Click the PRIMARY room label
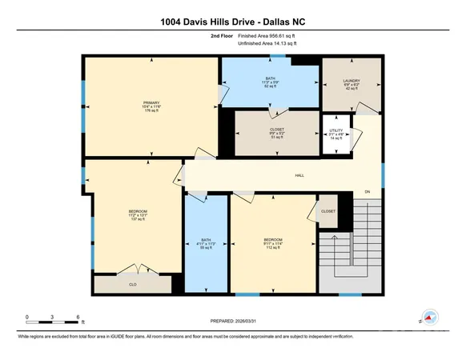click(x=152, y=102)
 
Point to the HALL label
click(x=299, y=175)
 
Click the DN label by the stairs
click(x=368, y=193)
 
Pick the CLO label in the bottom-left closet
click(x=133, y=283)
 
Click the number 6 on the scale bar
click(x=77, y=318)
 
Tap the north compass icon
click(x=431, y=318)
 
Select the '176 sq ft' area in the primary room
click(x=152, y=111)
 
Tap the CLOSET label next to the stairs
click(x=328, y=211)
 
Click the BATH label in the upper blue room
click(x=270, y=78)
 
